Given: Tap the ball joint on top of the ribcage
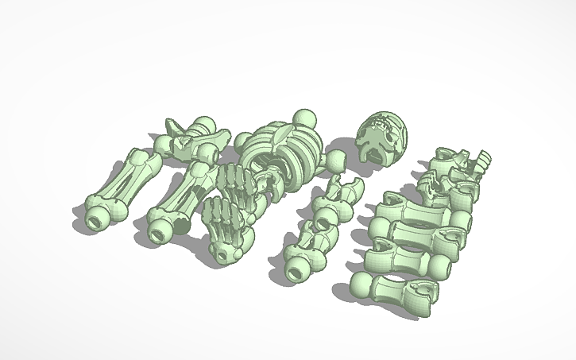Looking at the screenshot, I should (x=303, y=120).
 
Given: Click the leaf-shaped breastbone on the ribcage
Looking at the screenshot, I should (x=280, y=137).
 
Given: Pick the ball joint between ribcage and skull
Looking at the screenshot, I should (x=337, y=162).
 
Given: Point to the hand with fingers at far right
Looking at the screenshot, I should (x=481, y=162).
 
